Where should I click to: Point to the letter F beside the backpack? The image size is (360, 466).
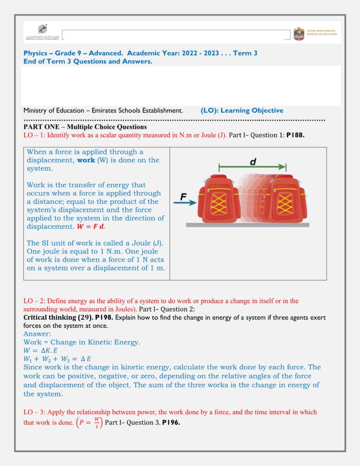click(184, 197)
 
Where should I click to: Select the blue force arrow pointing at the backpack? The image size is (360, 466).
click(187, 203)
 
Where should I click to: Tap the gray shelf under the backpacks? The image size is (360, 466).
click(247, 225)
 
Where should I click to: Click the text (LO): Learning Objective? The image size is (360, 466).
click(241, 111)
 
